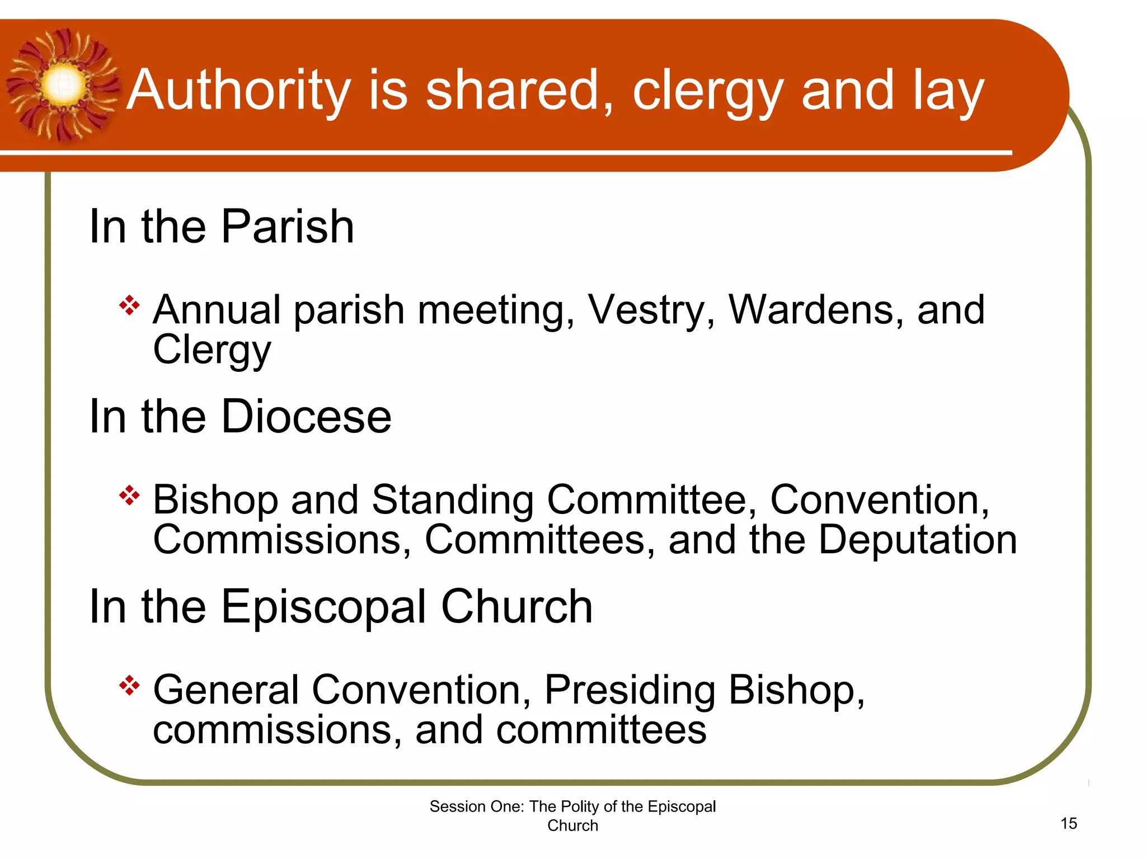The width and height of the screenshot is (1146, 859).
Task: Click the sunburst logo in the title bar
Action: tap(63, 85)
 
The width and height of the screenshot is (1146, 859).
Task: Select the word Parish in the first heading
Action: tap(288, 226)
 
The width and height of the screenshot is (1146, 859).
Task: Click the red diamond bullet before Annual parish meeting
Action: tap(129, 305)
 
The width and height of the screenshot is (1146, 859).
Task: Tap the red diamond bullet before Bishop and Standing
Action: tap(129, 495)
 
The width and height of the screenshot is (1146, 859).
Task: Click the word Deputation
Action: tap(918, 540)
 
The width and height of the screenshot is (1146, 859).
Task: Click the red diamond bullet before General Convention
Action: tap(129, 686)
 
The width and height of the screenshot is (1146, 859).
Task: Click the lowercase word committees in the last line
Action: tap(602, 730)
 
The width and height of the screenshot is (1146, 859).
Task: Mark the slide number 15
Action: tap(1068, 823)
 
